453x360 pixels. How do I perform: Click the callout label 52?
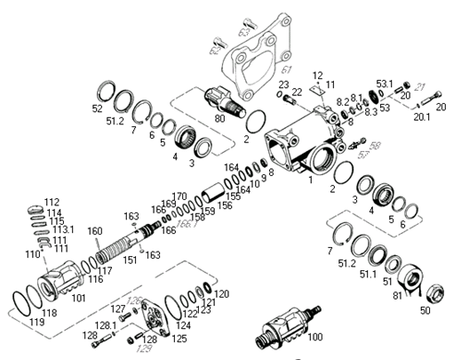pos(98,109)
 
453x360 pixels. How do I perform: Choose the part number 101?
pos(77,297)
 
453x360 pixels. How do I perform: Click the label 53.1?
pos(384,84)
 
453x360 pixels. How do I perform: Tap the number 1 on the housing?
pos(309,180)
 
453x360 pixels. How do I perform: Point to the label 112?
pos(52,202)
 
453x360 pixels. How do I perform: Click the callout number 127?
pos(117,308)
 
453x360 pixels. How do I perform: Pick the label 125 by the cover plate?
pos(180,339)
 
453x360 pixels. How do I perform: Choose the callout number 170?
pos(179,196)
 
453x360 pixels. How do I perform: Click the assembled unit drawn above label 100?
pos(282,320)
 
